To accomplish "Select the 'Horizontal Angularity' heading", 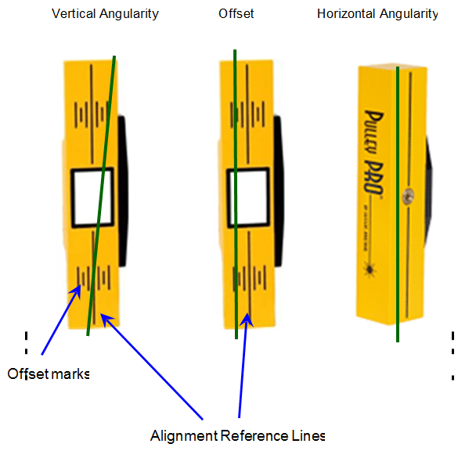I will click(377, 14).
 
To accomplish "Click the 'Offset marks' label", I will click(49, 373).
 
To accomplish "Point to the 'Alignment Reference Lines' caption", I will click(237, 435).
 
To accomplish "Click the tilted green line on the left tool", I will click(102, 196).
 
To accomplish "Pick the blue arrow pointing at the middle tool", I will click(243, 368).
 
